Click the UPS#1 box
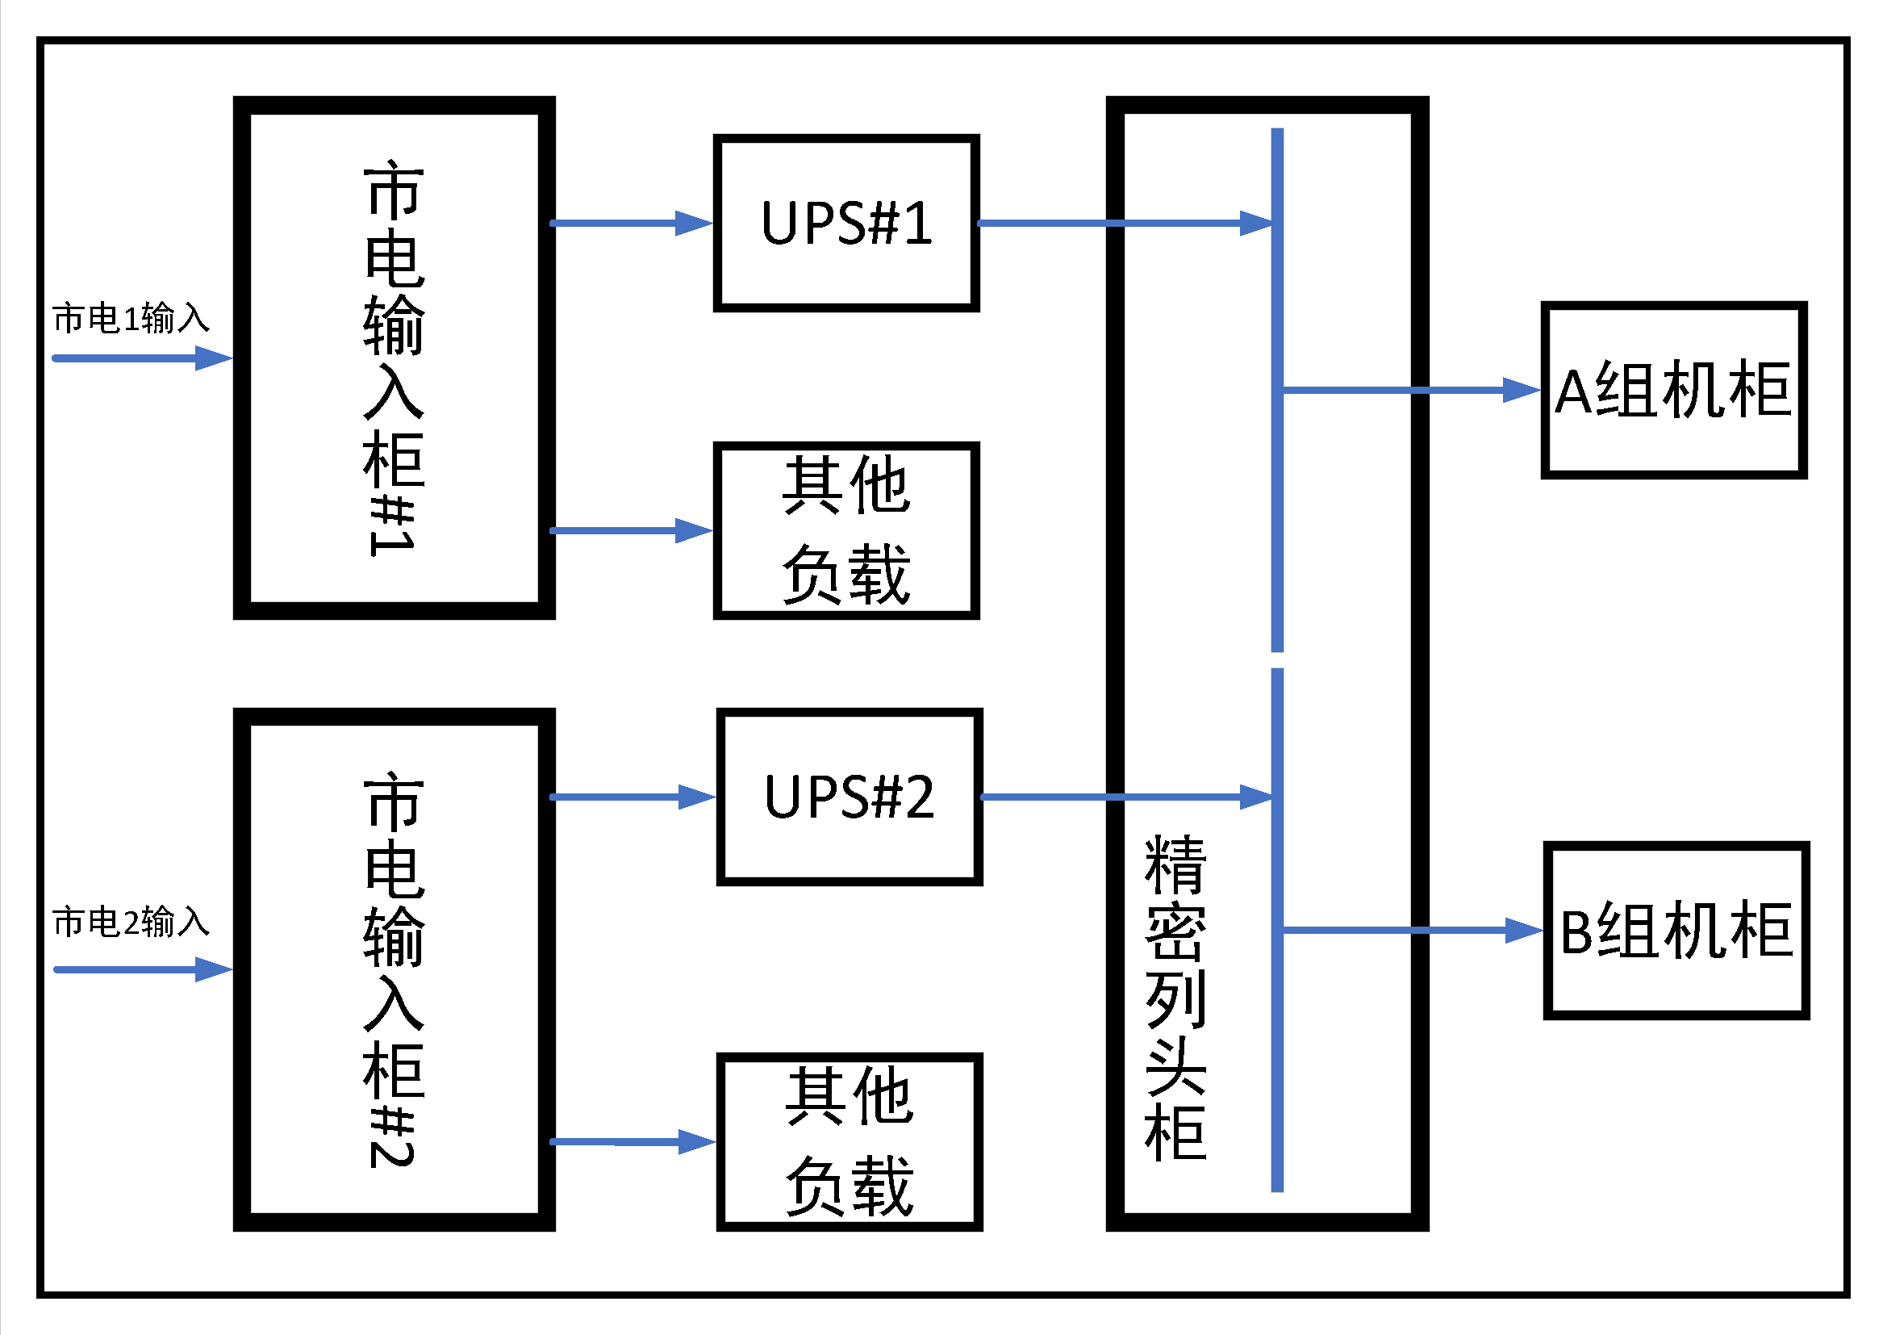coord(846,223)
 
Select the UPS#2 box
coord(850,797)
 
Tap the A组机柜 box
coord(1673,391)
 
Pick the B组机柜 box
coord(1676,931)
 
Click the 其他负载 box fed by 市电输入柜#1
coord(846,530)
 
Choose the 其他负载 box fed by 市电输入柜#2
coord(850,1141)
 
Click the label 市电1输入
coord(132,318)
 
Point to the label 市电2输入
coord(132,922)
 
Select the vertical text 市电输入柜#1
coord(395,358)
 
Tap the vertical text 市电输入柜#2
coord(395,969)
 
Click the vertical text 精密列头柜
coord(1175,998)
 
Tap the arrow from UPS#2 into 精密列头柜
coord(1126,797)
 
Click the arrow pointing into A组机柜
coord(1410,391)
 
